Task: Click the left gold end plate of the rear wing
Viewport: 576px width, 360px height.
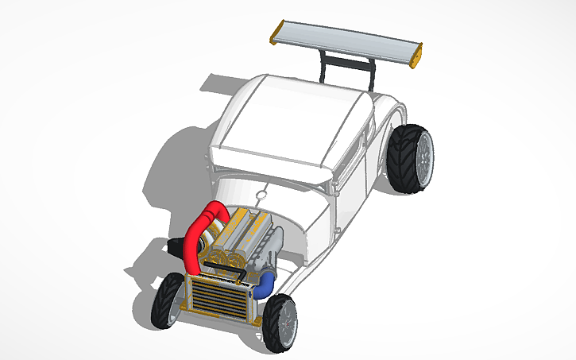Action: [275, 31]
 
